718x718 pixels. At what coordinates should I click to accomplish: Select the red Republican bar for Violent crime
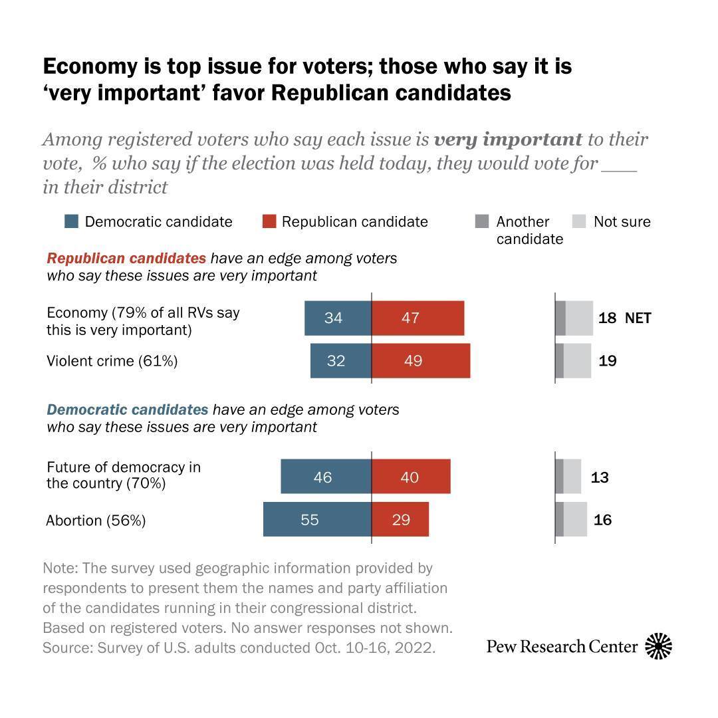(x=420, y=361)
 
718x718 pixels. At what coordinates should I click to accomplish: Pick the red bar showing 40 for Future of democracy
(x=410, y=477)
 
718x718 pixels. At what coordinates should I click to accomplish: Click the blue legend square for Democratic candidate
(x=71, y=221)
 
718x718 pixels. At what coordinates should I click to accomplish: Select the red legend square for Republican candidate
(x=268, y=221)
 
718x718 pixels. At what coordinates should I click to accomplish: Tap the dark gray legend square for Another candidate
(x=483, y=221)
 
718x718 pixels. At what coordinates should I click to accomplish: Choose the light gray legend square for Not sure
(x=579, y=221)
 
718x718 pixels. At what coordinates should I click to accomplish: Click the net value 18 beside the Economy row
(x=607, y=318)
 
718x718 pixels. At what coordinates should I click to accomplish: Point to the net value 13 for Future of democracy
(x=599, y=477)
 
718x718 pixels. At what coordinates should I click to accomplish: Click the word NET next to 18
(x=638, y=318)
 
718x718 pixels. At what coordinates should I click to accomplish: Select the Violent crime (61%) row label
(x=112, y=361)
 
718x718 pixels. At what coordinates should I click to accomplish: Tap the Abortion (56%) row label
(x=96, y=520)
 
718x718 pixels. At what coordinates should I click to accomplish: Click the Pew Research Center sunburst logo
(x=658, y=646)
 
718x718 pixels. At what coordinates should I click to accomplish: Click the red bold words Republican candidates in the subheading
(x=126, y=258)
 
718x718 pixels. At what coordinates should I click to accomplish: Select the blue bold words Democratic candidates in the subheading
(x=127, y=410)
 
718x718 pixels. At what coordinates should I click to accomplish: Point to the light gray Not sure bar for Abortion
(x=575, y=519)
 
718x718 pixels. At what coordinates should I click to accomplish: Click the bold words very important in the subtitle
(x=508, y=140)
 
